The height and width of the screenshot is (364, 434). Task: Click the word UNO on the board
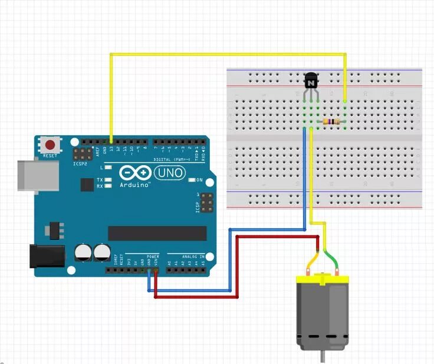(170, 173)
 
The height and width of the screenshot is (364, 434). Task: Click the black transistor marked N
(311, 80)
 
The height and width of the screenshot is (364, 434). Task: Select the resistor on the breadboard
(331, 122)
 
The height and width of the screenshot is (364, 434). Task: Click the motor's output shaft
(322, 356)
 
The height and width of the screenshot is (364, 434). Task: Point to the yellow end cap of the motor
(322, 277)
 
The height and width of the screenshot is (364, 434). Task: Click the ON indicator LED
(191, 180)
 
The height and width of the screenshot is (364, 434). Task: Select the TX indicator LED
(108, 179)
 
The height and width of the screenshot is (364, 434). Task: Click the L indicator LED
(108, 168)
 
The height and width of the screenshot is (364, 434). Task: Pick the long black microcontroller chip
(157, 233)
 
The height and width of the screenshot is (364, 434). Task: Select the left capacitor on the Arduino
(83, 253)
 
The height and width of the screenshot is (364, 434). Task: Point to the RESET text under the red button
(50, 156)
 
